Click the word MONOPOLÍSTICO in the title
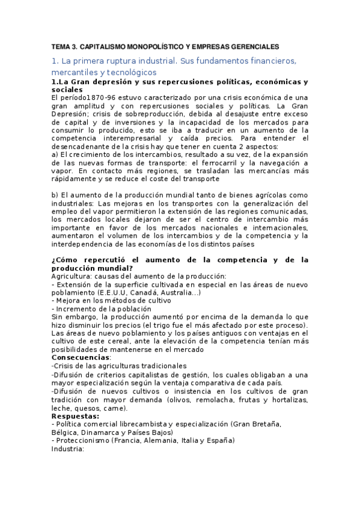click(150, 46)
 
